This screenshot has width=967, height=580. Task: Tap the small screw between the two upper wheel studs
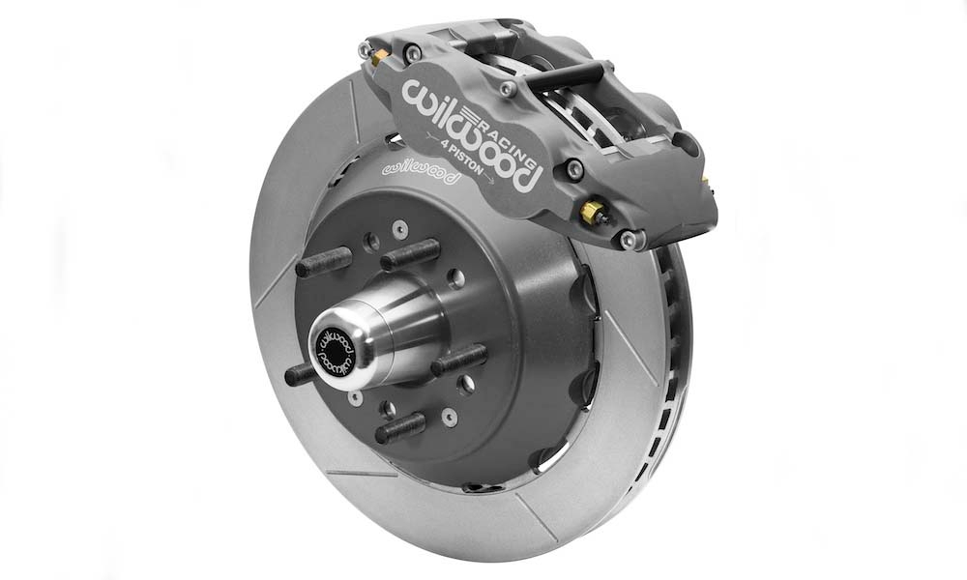click(371, 241)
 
